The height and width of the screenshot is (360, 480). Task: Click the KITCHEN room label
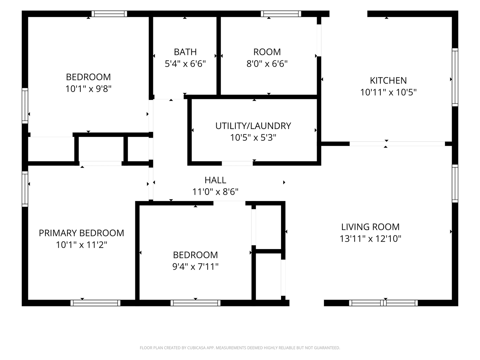388,81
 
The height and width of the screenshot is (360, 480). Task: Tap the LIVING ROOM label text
370,227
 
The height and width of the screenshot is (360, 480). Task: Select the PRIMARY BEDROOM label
81,233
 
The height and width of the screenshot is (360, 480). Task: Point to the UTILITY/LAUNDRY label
253,126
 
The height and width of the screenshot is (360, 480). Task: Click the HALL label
215,180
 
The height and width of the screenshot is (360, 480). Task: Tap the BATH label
185,52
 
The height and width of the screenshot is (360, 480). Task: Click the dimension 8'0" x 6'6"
267,64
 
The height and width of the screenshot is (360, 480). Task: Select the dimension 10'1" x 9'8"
88,89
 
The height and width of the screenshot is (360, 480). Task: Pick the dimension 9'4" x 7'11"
195,267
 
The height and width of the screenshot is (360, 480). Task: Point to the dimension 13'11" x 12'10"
370,239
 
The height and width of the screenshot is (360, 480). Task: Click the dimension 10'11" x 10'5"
388,92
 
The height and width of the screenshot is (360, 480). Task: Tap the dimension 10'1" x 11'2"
81,245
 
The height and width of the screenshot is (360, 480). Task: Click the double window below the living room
383,303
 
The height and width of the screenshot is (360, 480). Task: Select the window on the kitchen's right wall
455,77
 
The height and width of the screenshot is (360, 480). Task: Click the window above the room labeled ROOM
281,14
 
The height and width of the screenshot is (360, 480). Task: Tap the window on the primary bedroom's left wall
25,189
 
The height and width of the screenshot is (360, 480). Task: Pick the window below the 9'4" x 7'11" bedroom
195,303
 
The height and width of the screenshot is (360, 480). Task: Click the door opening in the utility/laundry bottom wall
237,163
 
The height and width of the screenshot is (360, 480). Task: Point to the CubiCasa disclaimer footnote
240,348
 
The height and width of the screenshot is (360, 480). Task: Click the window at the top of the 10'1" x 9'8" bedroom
109,14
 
